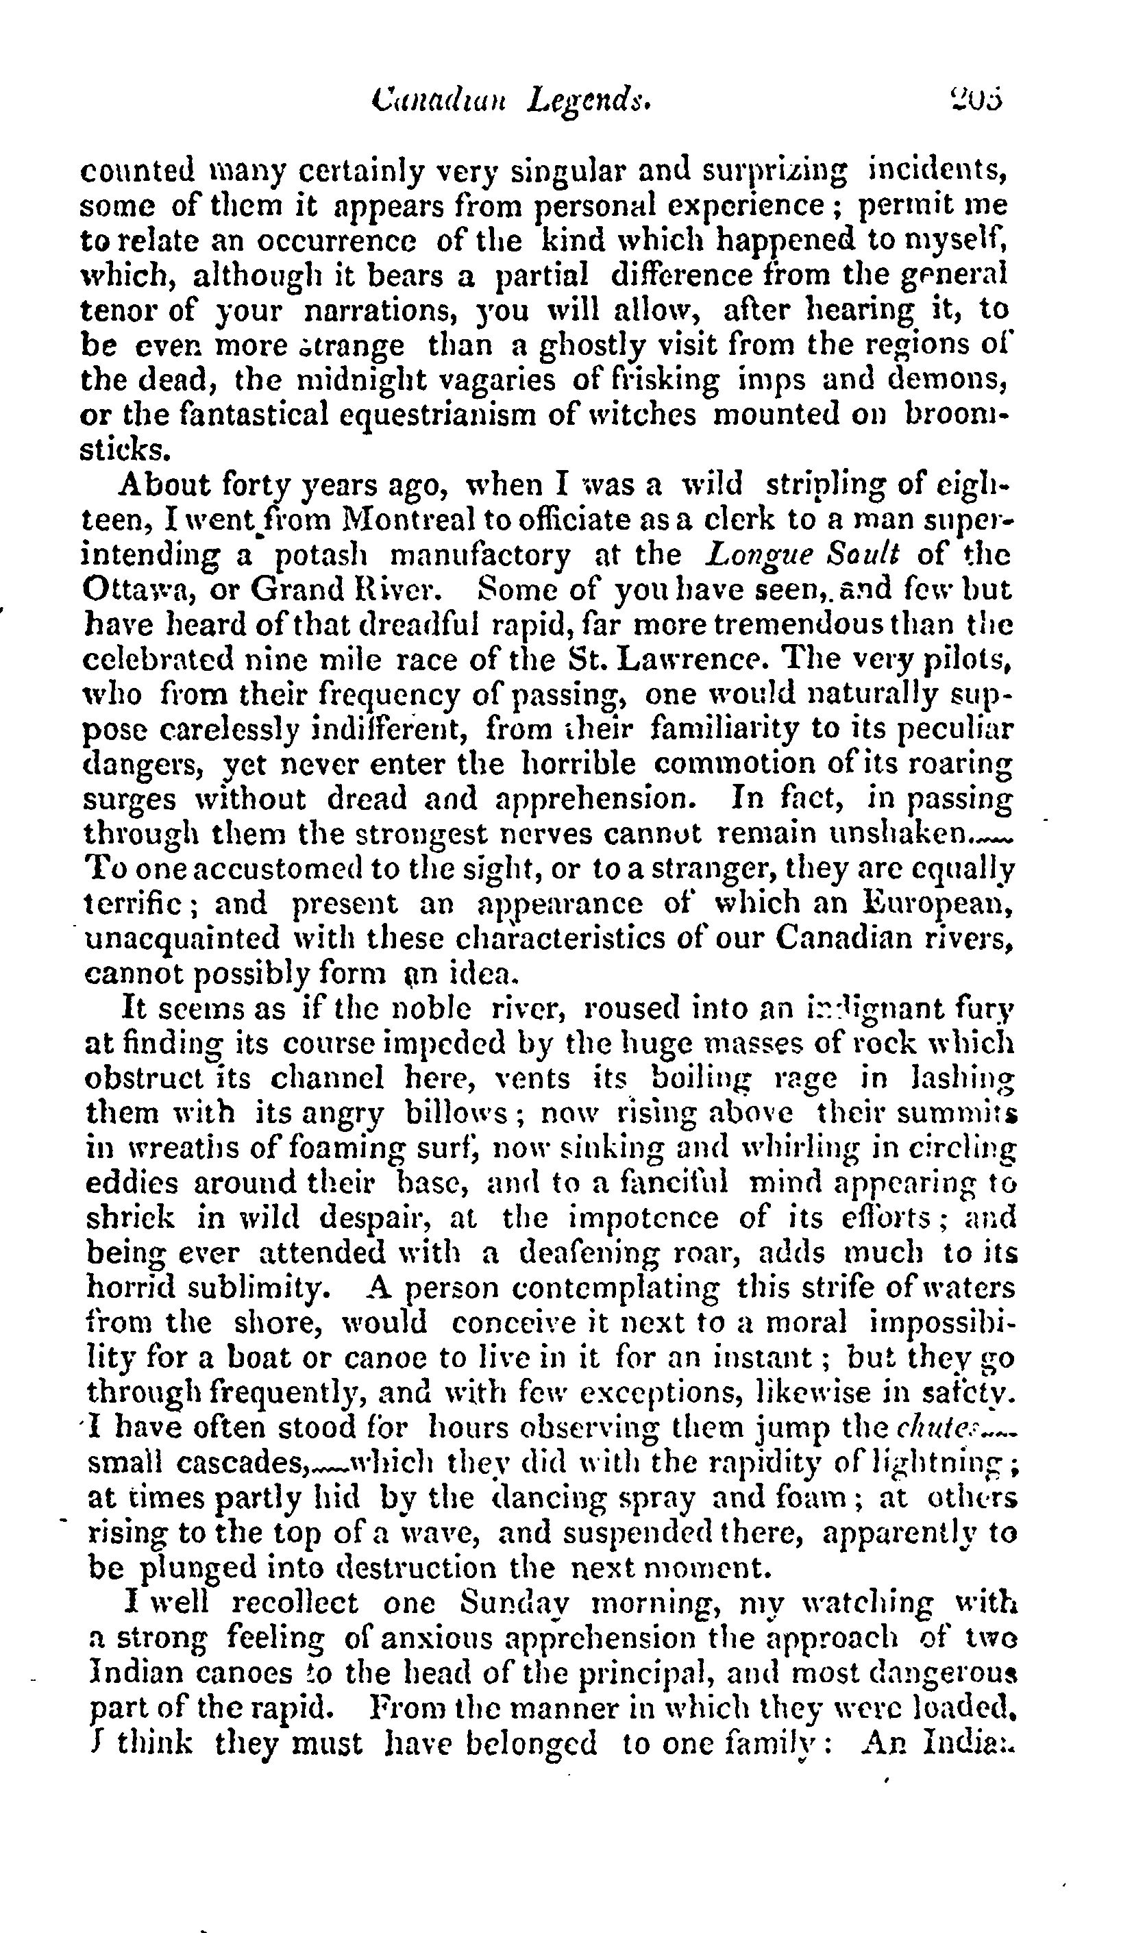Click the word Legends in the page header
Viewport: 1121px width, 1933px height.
[589, 101]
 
